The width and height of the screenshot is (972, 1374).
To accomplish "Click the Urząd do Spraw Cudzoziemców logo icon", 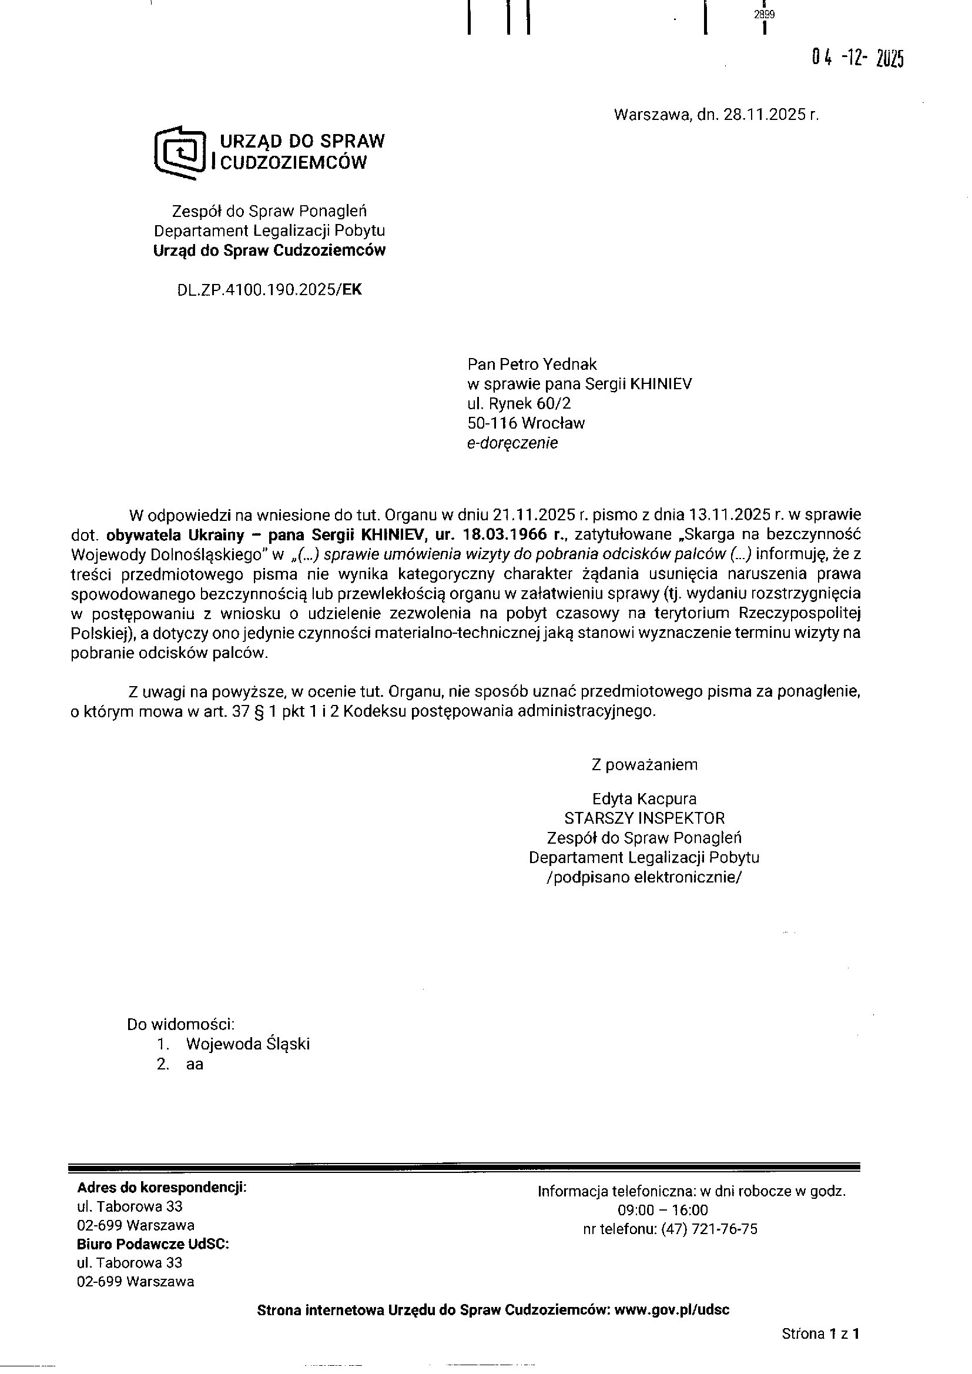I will [180, 152].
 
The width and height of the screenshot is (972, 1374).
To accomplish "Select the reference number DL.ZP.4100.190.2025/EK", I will [269, 290].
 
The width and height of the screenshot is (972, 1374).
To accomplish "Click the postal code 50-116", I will [491, 423].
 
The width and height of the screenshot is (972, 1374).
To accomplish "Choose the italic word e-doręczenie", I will [512, 443].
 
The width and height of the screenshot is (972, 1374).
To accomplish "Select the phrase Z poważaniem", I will [644, 764].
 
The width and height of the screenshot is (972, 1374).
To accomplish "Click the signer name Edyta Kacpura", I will [644, 798].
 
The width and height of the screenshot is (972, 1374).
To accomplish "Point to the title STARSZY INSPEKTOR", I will [644, 818].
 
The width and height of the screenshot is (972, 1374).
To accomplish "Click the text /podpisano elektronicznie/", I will [644, 877].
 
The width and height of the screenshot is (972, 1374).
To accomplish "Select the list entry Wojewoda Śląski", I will [248, 1044].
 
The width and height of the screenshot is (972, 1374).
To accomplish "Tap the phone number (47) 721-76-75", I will [709, 1229].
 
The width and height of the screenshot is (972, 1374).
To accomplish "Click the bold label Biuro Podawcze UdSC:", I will [153, 1244].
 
